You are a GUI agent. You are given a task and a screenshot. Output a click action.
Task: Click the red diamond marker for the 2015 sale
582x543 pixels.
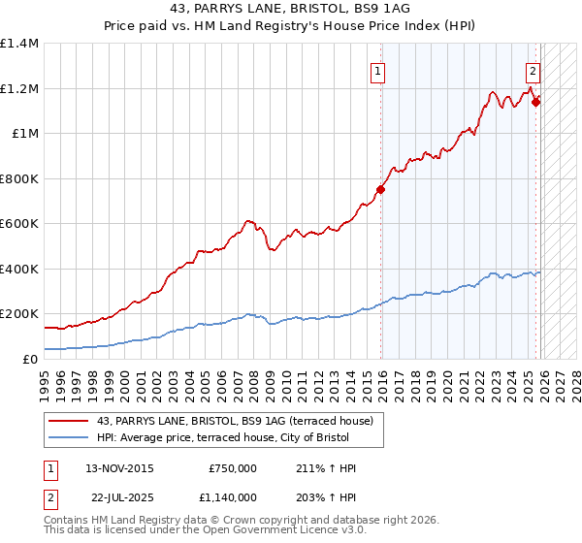coord(380,190)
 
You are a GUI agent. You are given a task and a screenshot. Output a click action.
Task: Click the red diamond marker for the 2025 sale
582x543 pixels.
coord(535,101)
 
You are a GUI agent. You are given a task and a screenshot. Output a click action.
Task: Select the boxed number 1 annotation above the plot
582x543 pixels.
coord(376,70)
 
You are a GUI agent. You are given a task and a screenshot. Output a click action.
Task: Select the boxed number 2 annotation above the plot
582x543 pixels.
coord(533,70)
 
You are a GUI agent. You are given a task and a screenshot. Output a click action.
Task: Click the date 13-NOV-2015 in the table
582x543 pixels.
coord(120,468)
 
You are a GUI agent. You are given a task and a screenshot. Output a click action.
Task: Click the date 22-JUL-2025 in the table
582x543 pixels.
coord(118,496)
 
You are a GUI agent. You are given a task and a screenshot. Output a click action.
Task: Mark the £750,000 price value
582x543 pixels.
coord(232,468)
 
